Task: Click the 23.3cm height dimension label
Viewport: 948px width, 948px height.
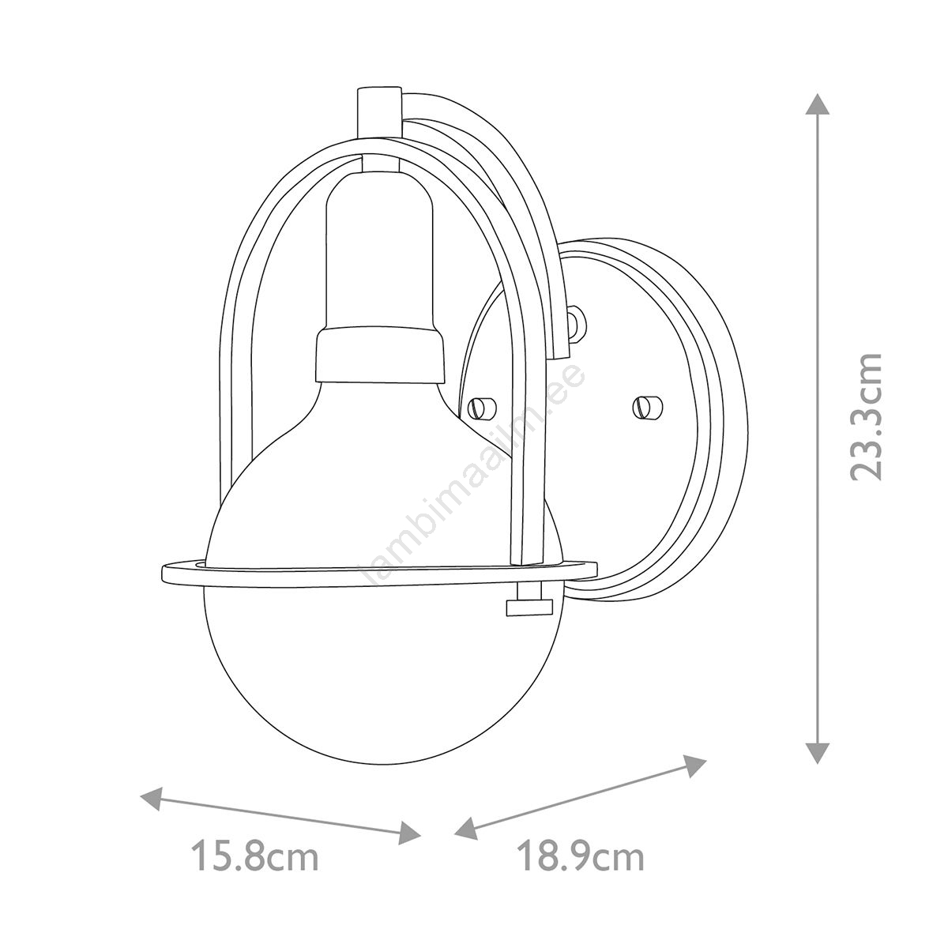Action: coord(867,416)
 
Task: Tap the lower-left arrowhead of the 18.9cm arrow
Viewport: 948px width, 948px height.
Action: coord(468,833)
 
